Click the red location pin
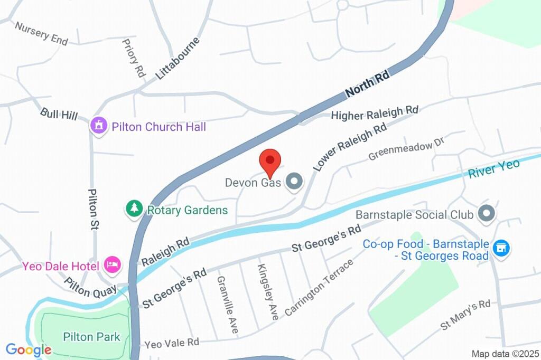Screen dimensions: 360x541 270,161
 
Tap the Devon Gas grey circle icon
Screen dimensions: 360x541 294,182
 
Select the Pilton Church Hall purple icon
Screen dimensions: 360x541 98,126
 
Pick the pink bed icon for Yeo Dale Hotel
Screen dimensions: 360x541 112,264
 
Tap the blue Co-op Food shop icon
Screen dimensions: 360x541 500,247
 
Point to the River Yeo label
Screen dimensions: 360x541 494,168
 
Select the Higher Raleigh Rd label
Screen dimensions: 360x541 375,113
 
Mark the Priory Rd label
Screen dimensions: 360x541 133,58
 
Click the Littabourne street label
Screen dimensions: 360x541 178,58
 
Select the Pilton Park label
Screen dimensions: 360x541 91,337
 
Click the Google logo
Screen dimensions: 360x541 29,349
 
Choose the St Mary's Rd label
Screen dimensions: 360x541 465,315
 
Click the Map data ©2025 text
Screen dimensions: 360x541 505,354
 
